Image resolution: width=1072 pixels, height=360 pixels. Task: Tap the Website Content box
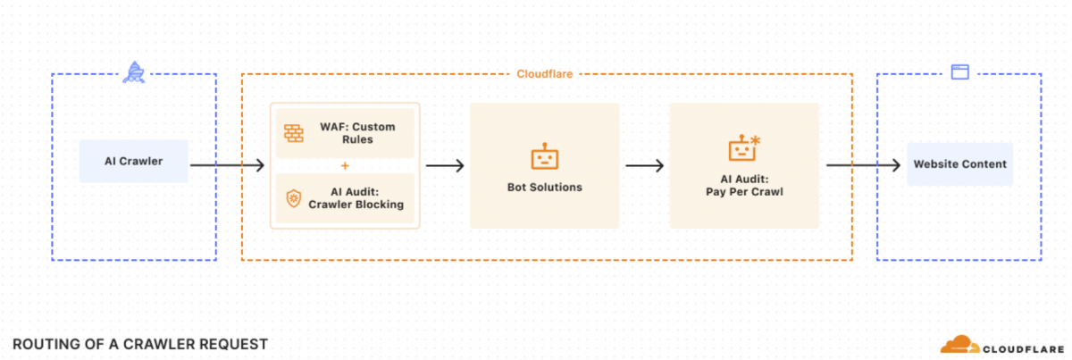pos(959,164)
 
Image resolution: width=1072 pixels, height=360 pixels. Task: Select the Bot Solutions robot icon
pos(544,158)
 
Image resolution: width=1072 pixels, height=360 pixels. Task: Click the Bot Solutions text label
pos(544,188)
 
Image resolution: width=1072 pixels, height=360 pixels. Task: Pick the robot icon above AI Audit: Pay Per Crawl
pos(743,148)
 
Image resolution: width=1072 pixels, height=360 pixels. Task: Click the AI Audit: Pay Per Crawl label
pos(743,185)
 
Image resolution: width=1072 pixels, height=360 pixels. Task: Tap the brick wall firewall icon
pos(294,134)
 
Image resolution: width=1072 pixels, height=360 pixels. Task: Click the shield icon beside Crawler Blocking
pos(294,197)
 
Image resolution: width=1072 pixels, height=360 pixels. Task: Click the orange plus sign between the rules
pos(345,165)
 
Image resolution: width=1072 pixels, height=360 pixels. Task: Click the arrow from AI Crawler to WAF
pos(227,165)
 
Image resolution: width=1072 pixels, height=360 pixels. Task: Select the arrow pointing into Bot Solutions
pos(445,165)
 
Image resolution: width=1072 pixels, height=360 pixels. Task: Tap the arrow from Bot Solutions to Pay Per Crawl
pos(644,165)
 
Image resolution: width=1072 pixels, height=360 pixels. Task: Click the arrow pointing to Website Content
pos(862,165)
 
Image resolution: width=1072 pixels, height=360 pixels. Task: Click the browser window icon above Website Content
pos(959,73)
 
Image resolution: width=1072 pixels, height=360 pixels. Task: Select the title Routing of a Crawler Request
pos(140,344)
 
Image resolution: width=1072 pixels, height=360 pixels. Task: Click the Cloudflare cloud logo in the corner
pos(957,345)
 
